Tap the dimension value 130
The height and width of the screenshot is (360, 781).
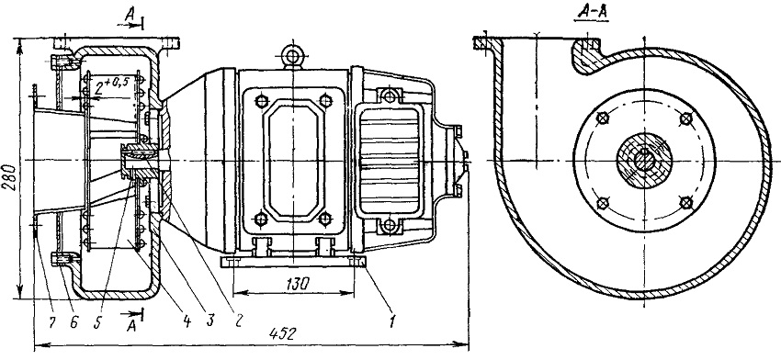(297, 284)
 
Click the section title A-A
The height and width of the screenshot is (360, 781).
(590, 14)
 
